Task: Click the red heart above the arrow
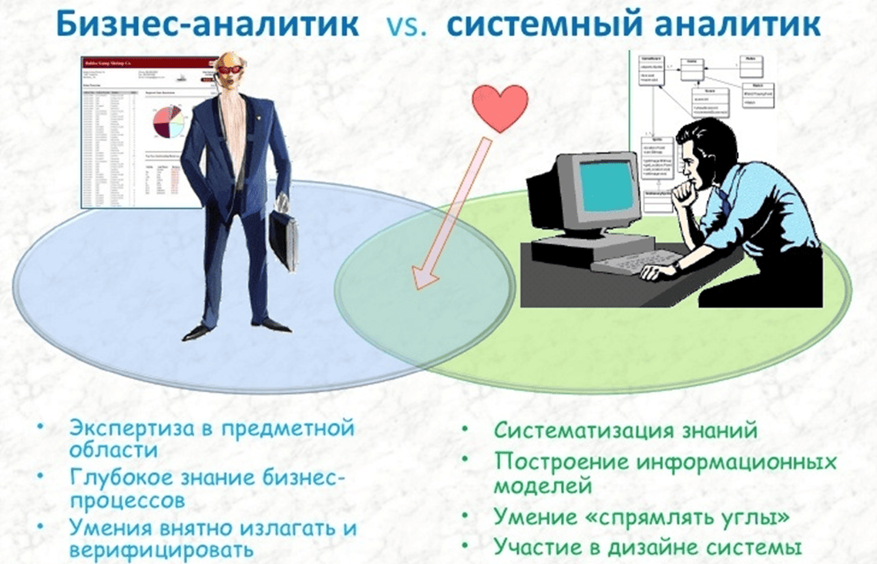tap(500, 108)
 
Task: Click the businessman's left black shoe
tap(197, 332)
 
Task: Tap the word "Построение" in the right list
tap(546, 463)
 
